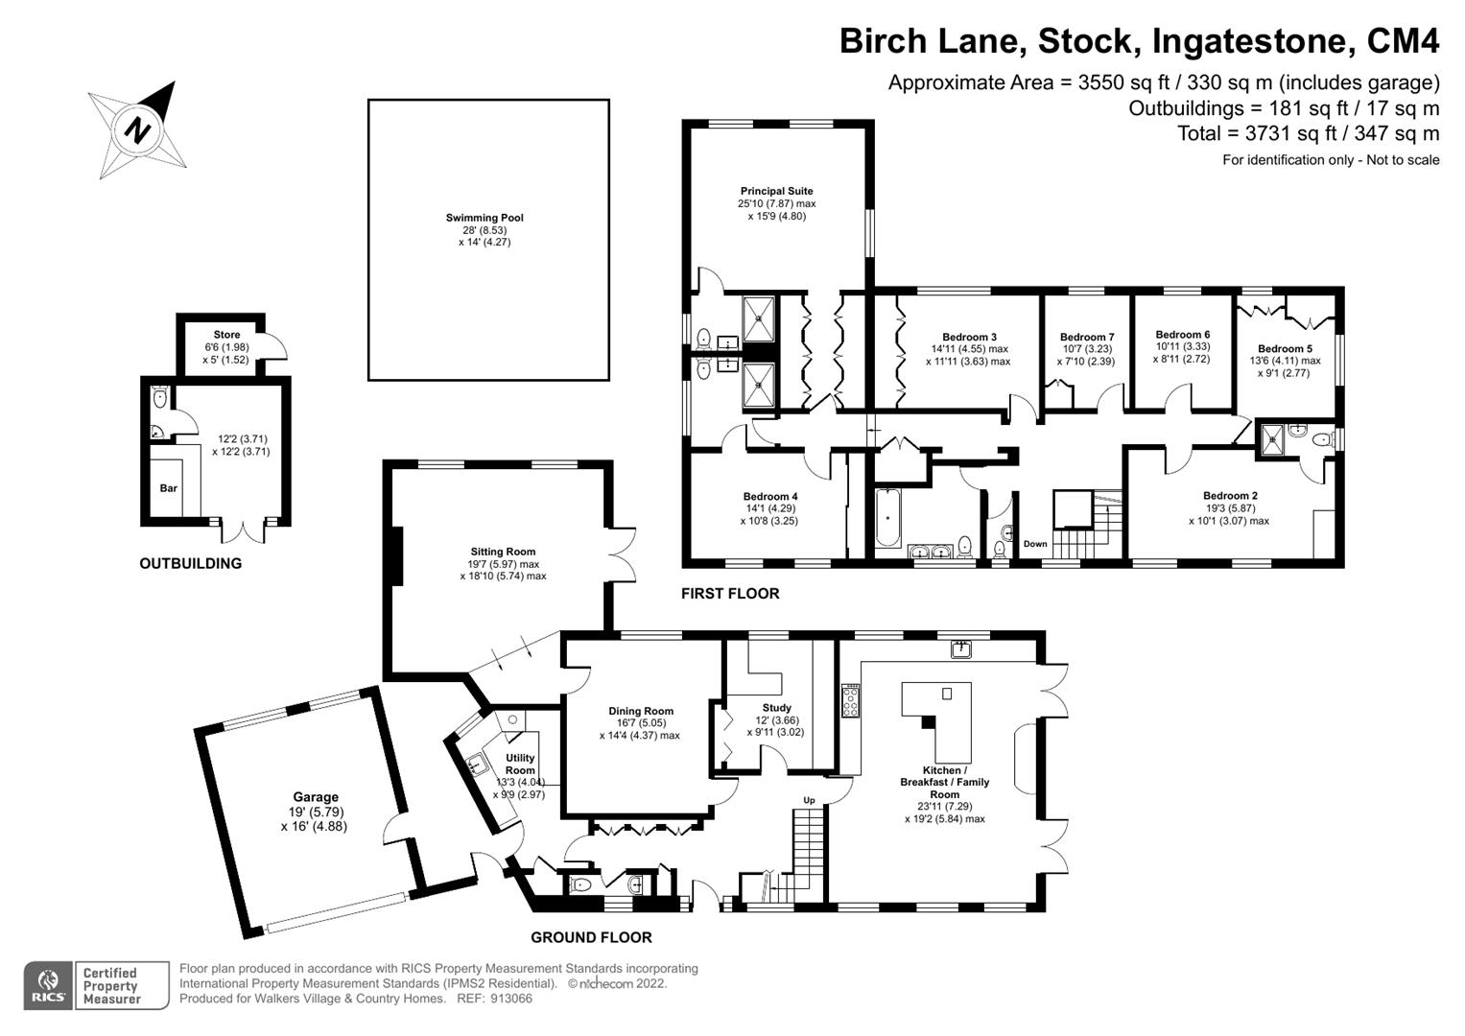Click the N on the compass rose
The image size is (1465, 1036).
(137, 129)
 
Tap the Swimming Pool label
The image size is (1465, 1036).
(484, 218)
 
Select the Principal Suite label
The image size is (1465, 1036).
(776, 191)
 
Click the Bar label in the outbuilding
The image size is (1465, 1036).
(169, 488)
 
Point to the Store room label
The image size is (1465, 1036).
(227, 334)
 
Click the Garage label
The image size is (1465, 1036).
(316, 796)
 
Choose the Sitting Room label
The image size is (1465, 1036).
(503, 552)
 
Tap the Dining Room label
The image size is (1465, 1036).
(641, 711)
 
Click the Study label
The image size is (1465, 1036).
(777, 708)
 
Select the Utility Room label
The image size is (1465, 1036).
(520, 764)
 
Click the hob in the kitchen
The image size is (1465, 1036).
(850, 700)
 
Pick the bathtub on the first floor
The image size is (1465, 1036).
(887, 517)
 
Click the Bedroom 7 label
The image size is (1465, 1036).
(1087, 337)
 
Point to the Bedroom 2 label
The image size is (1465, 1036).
(1230, 496)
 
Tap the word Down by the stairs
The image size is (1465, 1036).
(1035, 544)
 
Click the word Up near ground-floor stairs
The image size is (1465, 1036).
(809, 800)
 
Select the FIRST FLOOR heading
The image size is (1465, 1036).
(730, 593)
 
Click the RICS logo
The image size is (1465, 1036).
(48, 986)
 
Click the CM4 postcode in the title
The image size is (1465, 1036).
(1403, 41)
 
